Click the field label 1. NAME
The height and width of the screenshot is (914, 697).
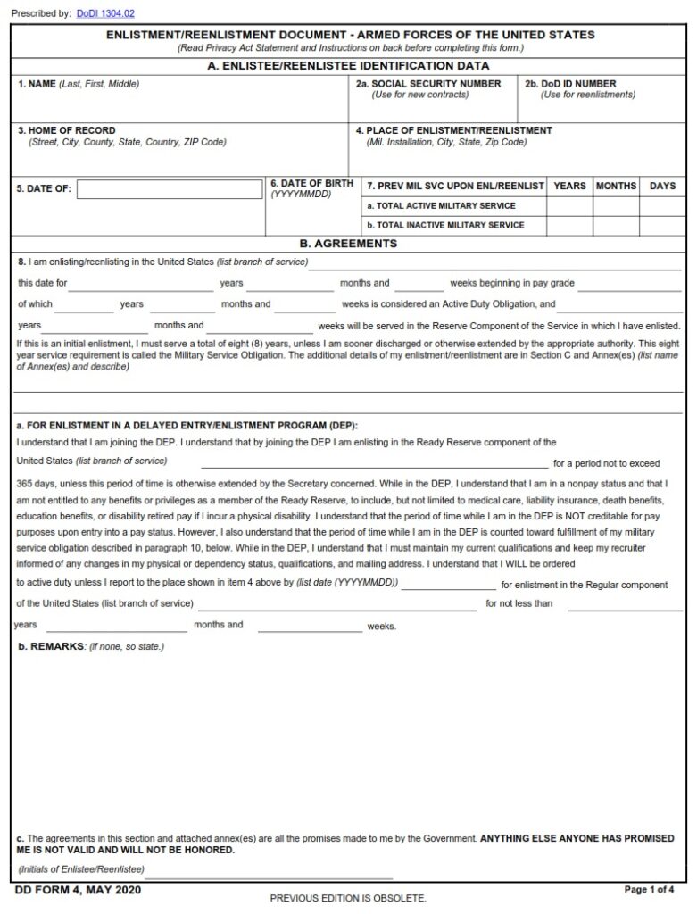pos(37,84)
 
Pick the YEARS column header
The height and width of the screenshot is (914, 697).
pos(569,186)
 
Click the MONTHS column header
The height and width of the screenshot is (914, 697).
pos(616,186)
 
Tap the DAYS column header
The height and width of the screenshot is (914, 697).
pos(662,186)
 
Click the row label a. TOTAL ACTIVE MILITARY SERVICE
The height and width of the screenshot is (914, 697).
pos(441,206)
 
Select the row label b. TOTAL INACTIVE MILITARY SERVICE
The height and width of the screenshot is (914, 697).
pos(445,225)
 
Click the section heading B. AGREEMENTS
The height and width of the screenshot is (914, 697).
pos(348,244)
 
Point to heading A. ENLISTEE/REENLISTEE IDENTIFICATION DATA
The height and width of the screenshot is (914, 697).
pos(348,66)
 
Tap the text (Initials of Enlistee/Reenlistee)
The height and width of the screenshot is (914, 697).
pos(81,868)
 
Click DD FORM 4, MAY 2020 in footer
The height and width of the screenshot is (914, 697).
pos(78,890)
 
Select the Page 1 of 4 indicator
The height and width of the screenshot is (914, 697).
pos(649,890)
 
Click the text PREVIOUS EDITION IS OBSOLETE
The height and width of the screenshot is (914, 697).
pos(348,898)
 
